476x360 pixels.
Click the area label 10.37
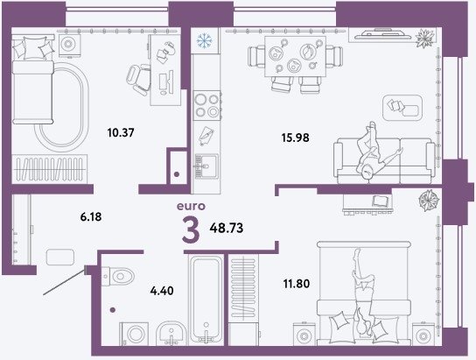[x=121, y=133]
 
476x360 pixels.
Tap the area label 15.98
[x=295, y=138]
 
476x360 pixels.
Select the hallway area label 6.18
[x=91, y=217]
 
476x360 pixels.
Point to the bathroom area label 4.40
[x=162, y=291]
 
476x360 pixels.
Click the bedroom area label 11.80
[x=297, y=284]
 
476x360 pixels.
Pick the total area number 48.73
[x=227, y=228]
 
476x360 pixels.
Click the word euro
[x=191, y=207]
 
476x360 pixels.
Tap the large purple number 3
[x=191, y=230]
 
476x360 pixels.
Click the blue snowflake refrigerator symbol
[x=204, y=40]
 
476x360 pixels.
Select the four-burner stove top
[x=207, y=106]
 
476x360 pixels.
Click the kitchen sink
[x=206, y=166]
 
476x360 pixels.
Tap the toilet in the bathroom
[x=118, y=277]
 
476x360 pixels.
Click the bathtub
[x=206, y=300]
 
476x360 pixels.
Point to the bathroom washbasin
[x=171, y=333]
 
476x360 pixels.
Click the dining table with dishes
[x=295, y=56]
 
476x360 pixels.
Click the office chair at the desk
[x=139, y=80]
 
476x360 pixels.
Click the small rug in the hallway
[x=60, y=257]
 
